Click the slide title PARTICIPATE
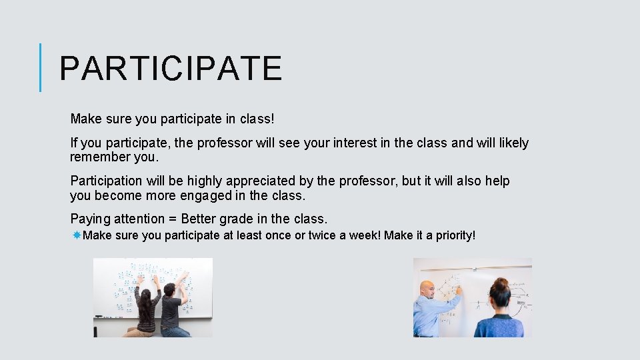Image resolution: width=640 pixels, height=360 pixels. [171, 68]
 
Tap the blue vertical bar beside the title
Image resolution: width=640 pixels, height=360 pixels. [40, 67]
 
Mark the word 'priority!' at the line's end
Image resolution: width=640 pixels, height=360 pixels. [456, 235]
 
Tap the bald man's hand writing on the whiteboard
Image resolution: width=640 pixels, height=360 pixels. [458, 290]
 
